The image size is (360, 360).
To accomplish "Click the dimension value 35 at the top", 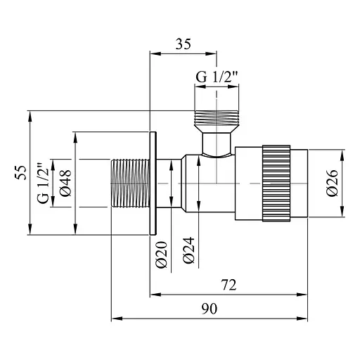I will coord(183,44).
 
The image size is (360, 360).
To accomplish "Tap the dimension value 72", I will coord(228,285).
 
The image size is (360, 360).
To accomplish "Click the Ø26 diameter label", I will coord(333,182).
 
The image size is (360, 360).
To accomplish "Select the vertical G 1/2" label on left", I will coord(44,182).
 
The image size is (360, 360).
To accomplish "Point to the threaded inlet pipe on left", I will coord(129,182).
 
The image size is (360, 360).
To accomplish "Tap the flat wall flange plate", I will coord(154,182).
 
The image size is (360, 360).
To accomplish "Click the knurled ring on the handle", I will coord(275,182).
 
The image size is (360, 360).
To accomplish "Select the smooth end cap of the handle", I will coord(298,182).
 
